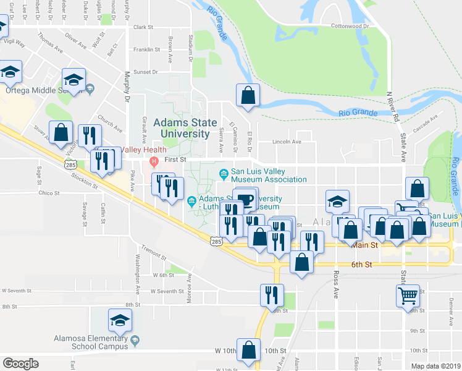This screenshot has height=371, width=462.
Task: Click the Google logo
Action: coord(21,364)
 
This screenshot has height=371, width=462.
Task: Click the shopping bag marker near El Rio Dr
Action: coord(248,95)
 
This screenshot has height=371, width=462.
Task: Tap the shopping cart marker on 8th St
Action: coord(408,296)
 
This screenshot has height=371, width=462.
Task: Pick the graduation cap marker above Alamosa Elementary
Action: coord(120,320)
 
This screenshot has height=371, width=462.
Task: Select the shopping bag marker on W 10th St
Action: coord(248,350)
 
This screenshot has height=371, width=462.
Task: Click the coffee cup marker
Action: coord(246,200)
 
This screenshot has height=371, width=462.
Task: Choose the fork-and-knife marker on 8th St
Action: coord(271,295)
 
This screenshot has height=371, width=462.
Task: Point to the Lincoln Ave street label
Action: coord(288,142)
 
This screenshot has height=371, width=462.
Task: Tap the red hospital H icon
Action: coord(154,161)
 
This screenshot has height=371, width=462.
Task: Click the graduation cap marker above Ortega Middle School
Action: coord(73,80)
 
